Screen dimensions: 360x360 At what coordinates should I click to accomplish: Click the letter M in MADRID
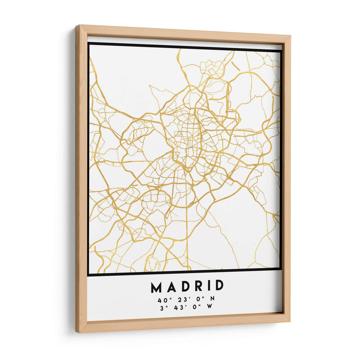pyautogui.click(x=156, y=287)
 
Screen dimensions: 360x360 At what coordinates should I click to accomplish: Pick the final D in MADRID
pyautogui.click(x=219, y=285)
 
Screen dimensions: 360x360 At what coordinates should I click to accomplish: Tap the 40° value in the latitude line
pyautogui.click(x=162, y=299)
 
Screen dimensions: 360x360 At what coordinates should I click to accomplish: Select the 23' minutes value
pyautogui.click(x=178, y=299)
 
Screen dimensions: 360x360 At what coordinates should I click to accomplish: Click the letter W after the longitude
pyautogui.click(x=209, y=306)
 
